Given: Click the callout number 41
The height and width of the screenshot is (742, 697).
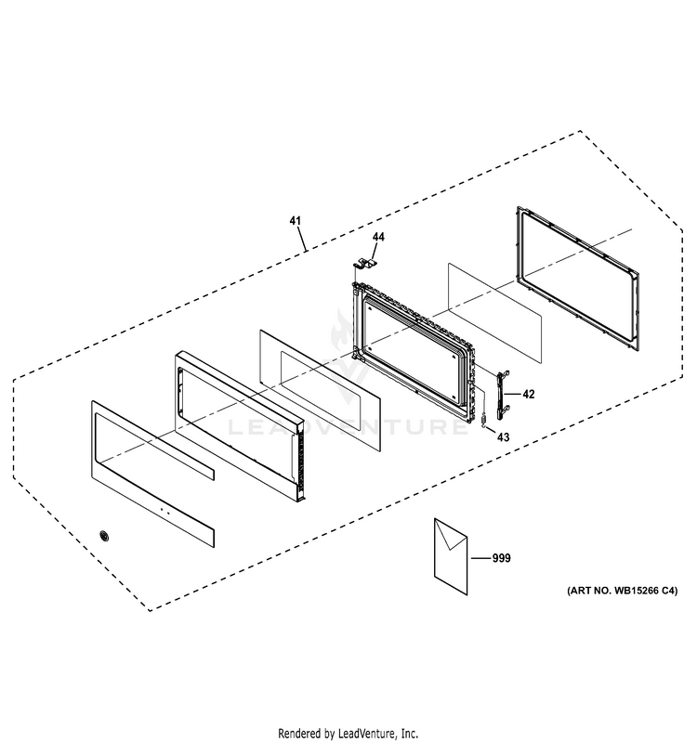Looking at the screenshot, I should pos(295,221).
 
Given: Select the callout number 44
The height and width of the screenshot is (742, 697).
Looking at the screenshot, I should pos(378,238).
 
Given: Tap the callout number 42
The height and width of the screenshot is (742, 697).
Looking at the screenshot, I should pos(529,395).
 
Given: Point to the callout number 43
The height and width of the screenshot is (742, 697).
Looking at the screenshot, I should pos(503,436).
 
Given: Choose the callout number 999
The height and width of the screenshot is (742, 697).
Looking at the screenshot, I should pos(501,558).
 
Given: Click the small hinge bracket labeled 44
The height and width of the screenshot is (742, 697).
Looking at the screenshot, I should pos(366,267).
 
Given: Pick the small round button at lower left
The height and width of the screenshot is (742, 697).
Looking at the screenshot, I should pos(103,536).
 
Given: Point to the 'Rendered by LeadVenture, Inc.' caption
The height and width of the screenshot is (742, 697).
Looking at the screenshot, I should pos(347,733).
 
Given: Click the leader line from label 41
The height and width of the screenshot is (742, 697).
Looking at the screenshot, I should pos(301,239).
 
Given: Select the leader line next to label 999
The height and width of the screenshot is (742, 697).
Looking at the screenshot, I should pos(480,558).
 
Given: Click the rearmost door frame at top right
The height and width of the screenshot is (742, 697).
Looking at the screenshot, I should pos(577,278).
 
